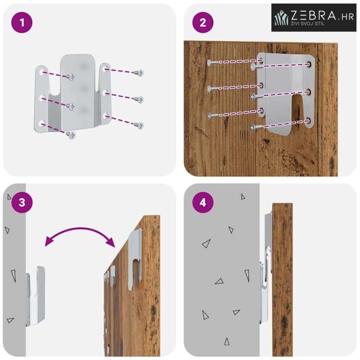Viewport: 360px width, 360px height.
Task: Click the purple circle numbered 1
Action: click(x=22, y=22)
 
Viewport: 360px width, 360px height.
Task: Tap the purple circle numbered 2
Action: click(x=203, y=22)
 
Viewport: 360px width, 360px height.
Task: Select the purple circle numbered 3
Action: click(x=22, y=202)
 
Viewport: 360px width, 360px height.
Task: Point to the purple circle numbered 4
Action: click(x=203, y=202)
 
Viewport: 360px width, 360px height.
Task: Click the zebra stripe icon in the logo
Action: click(x=282, y=18)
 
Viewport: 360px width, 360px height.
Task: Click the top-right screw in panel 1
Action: click(x=139, y=73)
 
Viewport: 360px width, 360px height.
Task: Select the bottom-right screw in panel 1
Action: click(x=139, y=125)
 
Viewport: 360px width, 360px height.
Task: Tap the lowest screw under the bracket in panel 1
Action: click(x=71, y=135)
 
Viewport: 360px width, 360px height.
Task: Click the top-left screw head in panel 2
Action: click(x=209, y=63)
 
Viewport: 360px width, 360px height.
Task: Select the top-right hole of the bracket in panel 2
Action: click(x=309, y=64)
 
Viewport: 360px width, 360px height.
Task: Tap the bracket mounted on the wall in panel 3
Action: click(x=35, y=296)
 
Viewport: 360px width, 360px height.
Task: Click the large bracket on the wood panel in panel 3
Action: click(x=135, y=260)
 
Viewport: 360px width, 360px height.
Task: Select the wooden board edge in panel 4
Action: click(x=282, y=279)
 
